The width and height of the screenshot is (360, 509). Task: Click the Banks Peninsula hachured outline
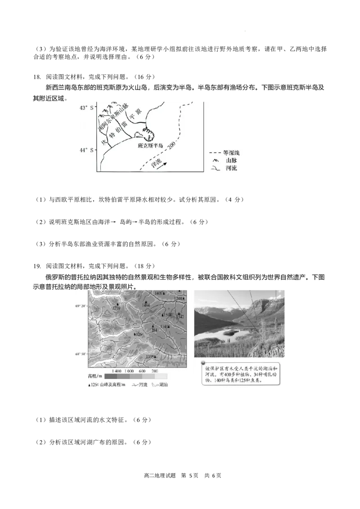pos(148,133)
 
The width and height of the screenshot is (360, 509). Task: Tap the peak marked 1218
pos(116,308)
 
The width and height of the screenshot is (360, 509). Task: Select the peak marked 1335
pos(151,357)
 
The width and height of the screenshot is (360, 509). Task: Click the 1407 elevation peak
pos(159,294)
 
